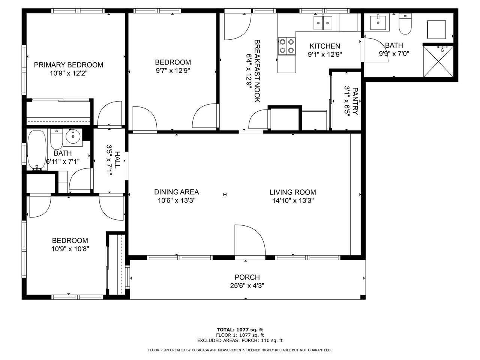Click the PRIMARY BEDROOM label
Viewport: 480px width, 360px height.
(x=69, y=65)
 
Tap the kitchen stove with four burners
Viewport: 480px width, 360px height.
(x=286, y=46)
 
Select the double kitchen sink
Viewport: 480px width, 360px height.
(x=323, y=23)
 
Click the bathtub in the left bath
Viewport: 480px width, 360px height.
(x=37, y=150)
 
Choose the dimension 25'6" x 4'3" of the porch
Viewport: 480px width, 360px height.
(x=247, y=286)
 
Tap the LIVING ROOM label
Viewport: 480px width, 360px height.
(x=293, y=192)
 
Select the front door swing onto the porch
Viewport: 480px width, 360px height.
(x=250, y=240)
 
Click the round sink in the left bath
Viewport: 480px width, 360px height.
(x=73, y=136)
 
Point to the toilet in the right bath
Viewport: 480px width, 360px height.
(x=405, y=24)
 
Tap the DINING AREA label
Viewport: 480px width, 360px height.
(x=177, y=192)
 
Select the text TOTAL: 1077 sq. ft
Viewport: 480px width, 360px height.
(x=240, y=330)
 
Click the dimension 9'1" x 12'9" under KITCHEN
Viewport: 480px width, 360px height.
(x=325, y=54)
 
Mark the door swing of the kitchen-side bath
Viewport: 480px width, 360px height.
(x=375, y=50)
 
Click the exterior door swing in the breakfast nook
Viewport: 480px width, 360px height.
(x=238, y=27)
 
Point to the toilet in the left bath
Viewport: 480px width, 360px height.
(x=56, y=139)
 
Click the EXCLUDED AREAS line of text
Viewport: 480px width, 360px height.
(x=240, y=340)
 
